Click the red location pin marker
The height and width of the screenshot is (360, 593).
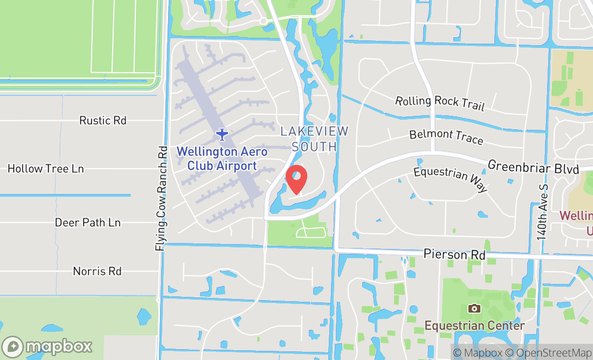coord(296,179)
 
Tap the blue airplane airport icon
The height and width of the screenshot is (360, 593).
coord(222,133)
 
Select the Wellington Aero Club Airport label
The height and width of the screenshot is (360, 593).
coord(222,158)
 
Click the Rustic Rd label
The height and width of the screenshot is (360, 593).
coord(103,120)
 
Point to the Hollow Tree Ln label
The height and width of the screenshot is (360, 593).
coord(46,169)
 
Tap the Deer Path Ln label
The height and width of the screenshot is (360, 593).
coord(88,223)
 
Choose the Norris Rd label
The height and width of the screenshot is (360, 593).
coord(98,271)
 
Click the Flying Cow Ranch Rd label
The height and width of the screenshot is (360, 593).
coord(161,198)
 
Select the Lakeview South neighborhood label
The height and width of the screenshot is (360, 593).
coord(315,139)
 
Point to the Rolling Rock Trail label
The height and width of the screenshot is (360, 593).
coord(440,103)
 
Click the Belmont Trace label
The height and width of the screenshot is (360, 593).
coord(446,137)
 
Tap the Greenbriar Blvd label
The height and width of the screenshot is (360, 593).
coord(533,167)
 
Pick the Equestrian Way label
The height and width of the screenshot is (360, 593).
coord(451,179)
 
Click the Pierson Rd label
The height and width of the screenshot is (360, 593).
coord(454,254)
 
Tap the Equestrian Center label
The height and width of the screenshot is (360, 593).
coord(474,326)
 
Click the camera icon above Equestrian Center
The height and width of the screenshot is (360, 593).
coord(474,308)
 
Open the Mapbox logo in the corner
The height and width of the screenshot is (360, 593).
coord(47,347)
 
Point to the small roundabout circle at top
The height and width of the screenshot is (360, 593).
coord(263,21)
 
